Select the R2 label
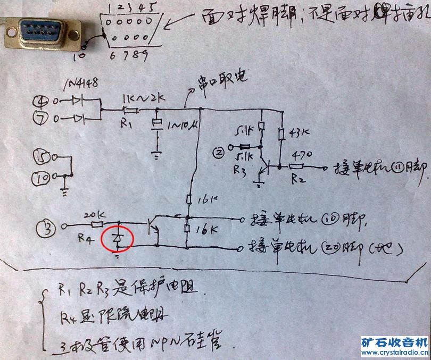coord(299,179)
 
